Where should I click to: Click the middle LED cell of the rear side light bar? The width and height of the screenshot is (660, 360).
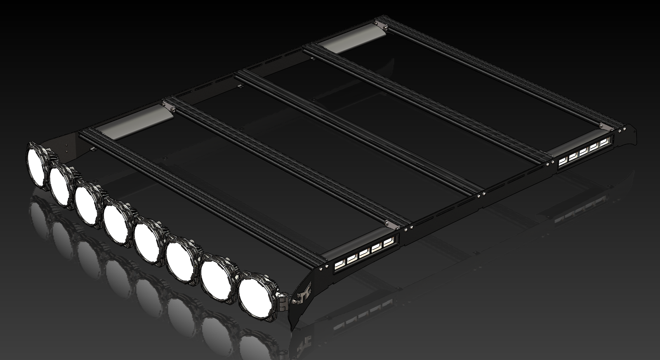[x=584, y=153]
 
